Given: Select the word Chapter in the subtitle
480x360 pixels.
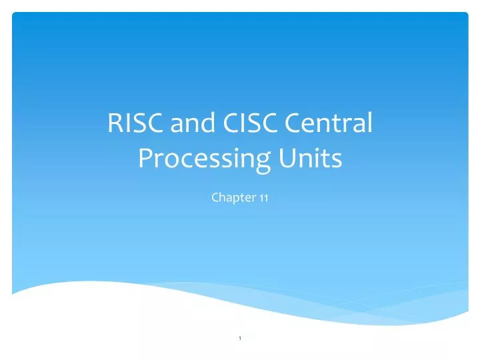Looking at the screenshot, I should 230,197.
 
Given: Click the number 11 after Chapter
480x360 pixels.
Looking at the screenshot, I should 263,197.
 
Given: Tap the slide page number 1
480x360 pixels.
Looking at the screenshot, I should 239,341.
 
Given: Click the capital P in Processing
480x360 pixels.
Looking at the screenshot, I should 145,158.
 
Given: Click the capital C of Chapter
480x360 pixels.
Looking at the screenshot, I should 215,197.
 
